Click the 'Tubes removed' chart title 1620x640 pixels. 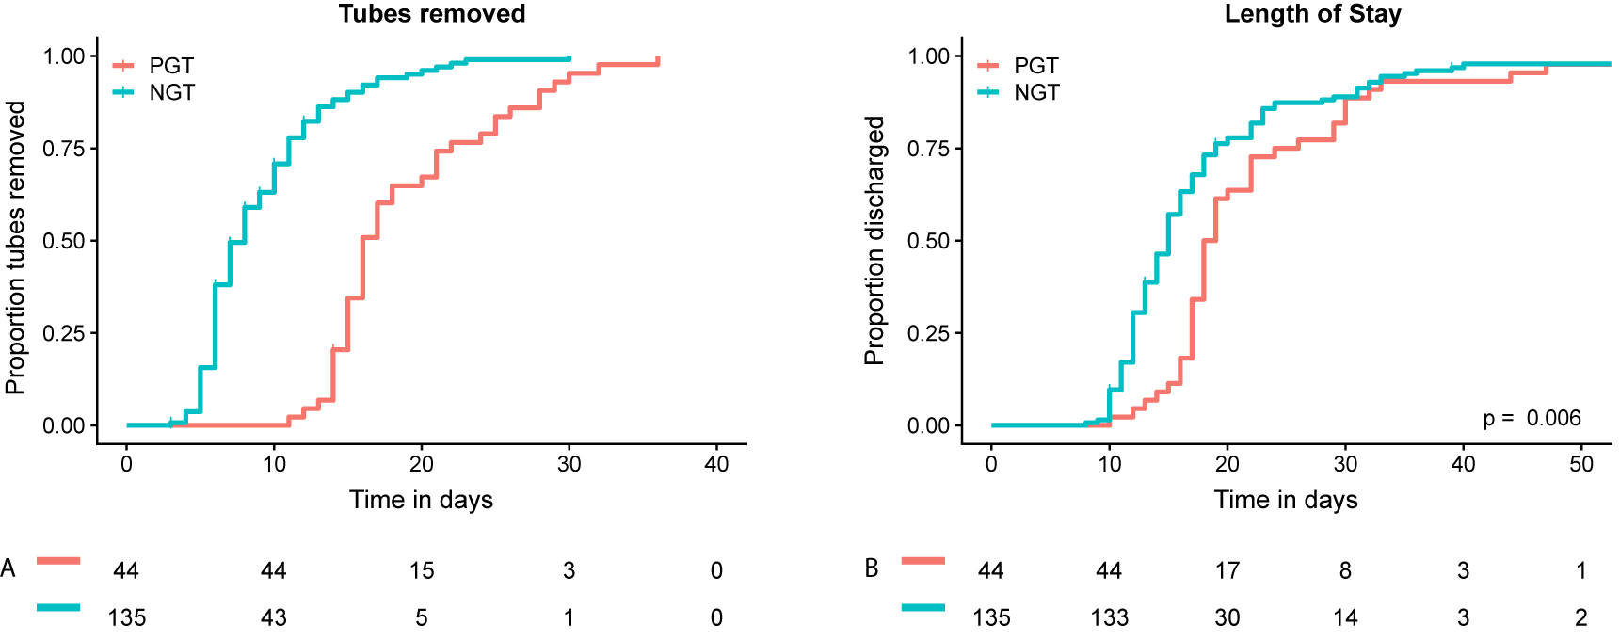pos(432,14)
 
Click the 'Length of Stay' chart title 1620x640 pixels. pos(1312,14)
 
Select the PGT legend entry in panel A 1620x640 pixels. pos(170,66)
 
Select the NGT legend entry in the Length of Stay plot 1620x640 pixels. pos(1035,92)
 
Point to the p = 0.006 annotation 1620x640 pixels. pos(1532,418)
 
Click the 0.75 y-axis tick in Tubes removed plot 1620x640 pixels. pos(64,149)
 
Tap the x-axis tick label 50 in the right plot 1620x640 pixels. pos(1581,464)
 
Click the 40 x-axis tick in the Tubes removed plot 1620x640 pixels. pos(716,464)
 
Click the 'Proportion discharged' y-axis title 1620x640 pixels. pos(874,240)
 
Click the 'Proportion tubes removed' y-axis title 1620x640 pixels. pos(15,248)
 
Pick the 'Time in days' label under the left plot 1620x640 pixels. pos(421,500)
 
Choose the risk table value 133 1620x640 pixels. pos(1109,617)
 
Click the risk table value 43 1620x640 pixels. pos(273,617)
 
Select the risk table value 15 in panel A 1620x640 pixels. pos(422,570)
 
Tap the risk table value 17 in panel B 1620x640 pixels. pos(1227,570)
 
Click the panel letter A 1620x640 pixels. pos(8,568)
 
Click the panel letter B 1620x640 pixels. pos(872,568)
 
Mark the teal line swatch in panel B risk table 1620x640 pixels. pos(922,608)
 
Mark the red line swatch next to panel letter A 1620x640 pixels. pos(58,561)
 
